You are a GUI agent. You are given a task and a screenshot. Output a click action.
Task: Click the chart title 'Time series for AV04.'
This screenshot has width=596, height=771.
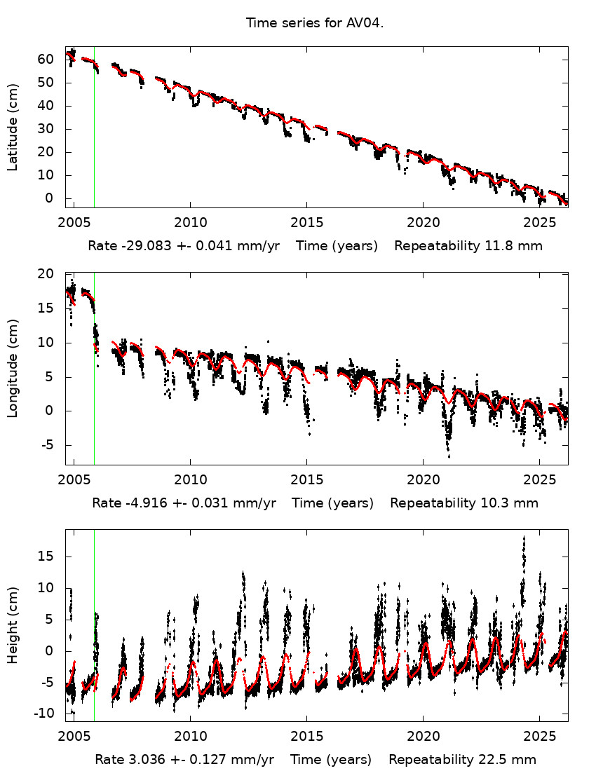point(314,23)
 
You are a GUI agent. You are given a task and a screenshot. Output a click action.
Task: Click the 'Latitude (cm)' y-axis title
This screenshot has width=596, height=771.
point(13,127)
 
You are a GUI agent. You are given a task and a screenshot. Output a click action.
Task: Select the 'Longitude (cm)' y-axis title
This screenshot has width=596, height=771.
point(13,369)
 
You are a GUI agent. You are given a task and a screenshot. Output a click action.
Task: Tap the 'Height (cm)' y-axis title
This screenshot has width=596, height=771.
point(13,625)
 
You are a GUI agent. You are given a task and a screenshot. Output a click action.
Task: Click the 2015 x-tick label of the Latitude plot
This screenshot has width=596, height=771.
point(306,223)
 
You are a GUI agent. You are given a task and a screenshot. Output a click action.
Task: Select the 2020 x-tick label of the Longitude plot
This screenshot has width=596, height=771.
point(423,479)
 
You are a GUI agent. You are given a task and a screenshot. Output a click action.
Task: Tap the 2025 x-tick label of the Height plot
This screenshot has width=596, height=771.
point(539,737)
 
